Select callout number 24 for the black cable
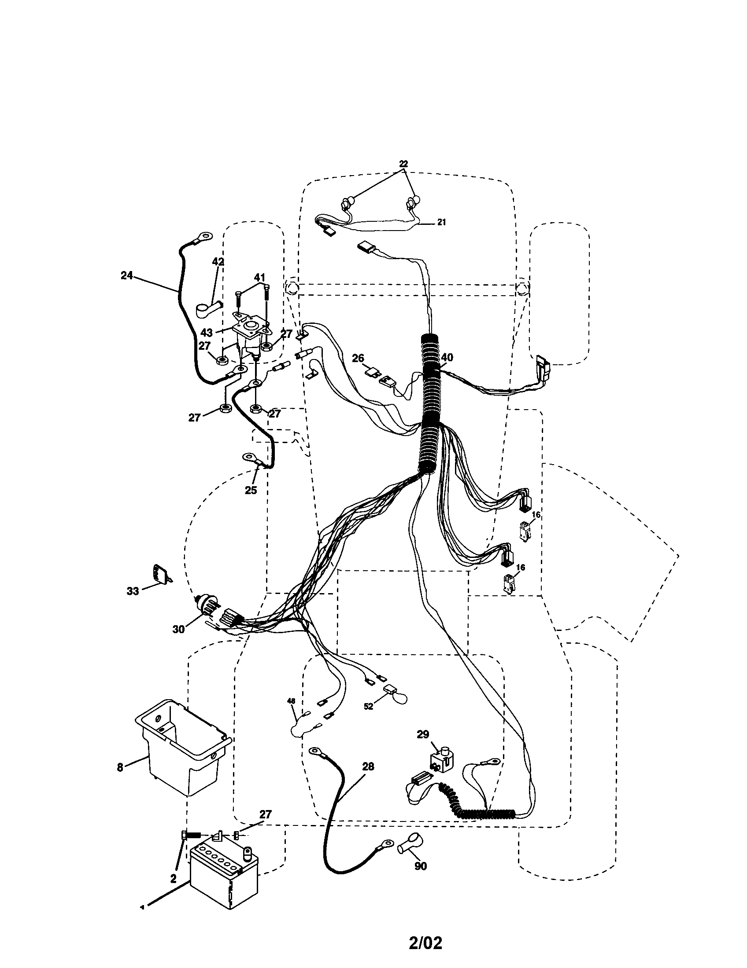point(127,275)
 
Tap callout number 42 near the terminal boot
point(218,261)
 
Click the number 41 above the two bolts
point(260,277)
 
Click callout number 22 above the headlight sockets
point(403,163)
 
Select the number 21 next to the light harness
point(441,222)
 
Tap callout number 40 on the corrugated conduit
point(447,357)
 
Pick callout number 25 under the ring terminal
point(251,490)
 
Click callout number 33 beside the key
point(133,591)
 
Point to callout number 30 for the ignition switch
point(178,629)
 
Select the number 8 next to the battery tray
point(120,767)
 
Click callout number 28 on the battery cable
point(368,766)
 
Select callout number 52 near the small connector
point(369,707)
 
